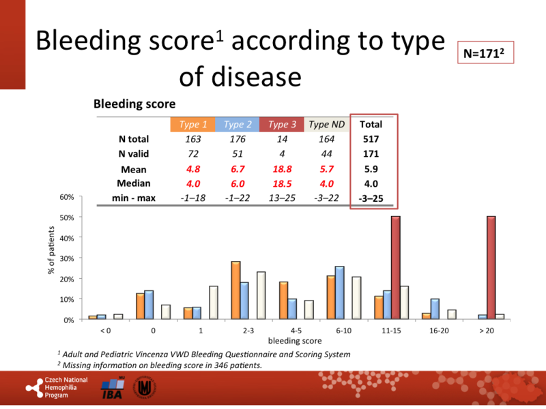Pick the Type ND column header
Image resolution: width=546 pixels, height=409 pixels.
point(326,124)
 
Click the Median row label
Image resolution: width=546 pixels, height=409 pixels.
point(134,183)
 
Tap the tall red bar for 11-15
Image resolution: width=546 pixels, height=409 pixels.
point(396,267)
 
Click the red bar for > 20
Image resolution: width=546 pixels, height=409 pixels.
point(491,267)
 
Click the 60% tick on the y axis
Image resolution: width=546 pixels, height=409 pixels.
point(67,197)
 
